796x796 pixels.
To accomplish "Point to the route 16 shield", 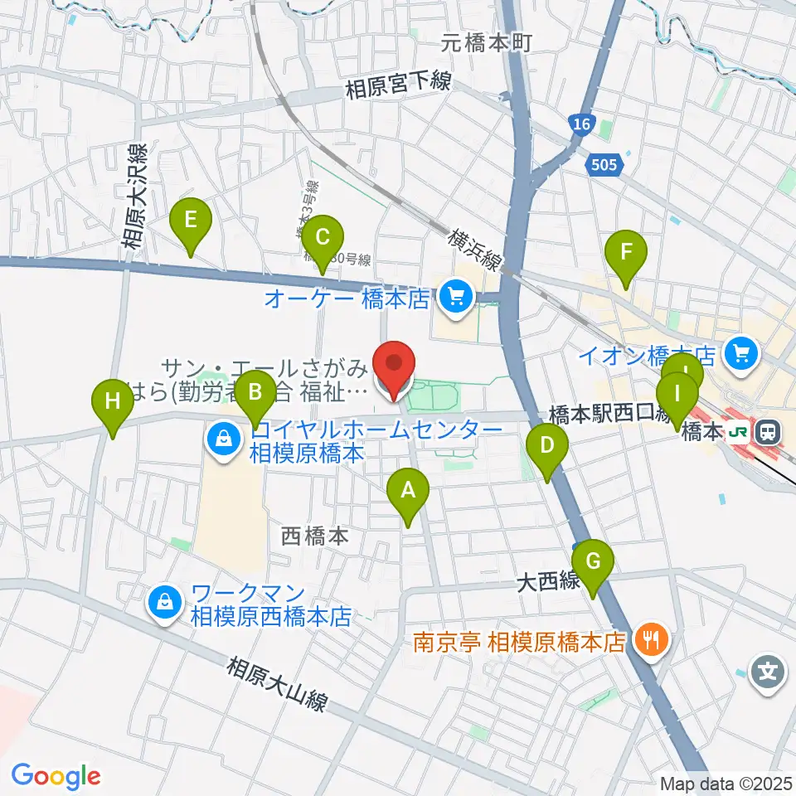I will [582, 124].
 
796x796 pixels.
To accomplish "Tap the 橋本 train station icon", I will [769, 431].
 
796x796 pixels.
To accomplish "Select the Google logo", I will [56, 776].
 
